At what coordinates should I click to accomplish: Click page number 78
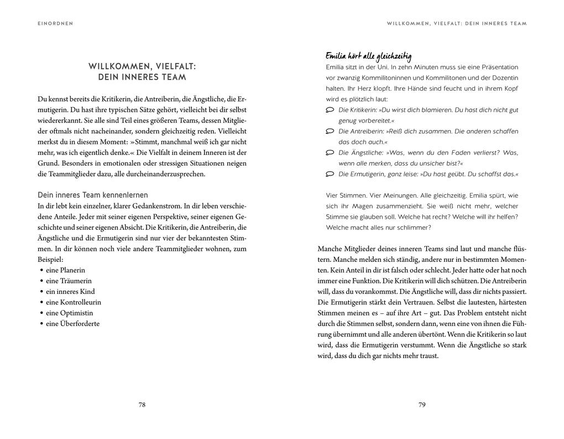coord(142,405)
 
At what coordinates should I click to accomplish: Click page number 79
coord(422,405)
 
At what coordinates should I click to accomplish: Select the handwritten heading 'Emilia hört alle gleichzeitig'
coord(368,56)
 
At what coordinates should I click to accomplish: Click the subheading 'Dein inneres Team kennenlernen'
coord(92,195)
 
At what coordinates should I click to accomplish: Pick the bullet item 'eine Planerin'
coord(65,270)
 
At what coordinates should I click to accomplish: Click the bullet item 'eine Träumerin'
coord(69,281)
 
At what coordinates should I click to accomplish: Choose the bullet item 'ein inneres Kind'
coord(70,292)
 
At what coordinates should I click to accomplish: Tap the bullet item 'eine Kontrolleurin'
coord(73,302)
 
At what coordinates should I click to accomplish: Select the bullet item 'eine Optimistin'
coord(69,313)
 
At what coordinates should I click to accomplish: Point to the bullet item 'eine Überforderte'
coord(72,324)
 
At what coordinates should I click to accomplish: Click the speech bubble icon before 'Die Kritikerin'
coord(330,110)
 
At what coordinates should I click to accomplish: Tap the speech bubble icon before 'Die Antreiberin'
coord(330,132)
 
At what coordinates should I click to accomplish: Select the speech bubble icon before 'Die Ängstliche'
coord(330,153)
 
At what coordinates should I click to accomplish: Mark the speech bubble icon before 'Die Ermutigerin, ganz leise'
coord(330,174)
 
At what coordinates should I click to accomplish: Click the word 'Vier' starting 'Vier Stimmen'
coord(333,195)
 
